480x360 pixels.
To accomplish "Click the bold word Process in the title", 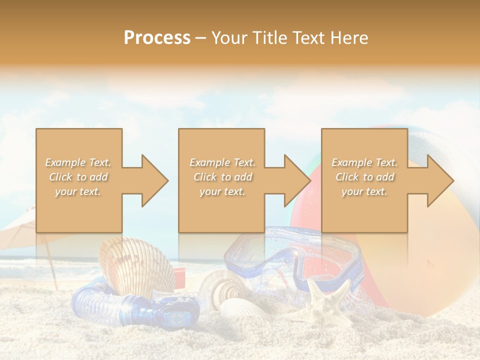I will coord(157,37).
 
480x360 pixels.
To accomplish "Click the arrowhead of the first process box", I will coord(155,180).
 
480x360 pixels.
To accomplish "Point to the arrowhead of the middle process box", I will coord(297,180).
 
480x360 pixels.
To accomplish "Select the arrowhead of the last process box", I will coord(440,180).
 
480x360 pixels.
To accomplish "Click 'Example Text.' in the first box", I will coord(78,162).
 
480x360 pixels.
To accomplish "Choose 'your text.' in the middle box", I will coord(222,191).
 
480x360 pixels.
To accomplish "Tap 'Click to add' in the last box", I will coord(364,177).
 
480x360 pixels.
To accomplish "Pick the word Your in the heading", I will coord(229,37).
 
